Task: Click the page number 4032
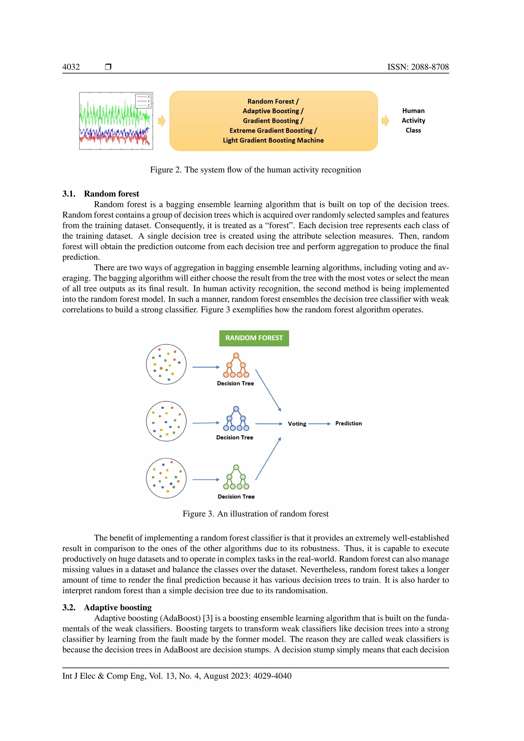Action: (71, 67)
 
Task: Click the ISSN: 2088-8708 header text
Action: (418, 67)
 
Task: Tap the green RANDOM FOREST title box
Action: (254, 338)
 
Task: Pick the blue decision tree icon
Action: (236, 419)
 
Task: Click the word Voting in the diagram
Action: (297, 424)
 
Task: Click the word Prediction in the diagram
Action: (348, 423)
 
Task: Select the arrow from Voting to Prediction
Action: (319, 424)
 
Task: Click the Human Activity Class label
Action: (413, 120)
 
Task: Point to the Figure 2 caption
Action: (256, 170)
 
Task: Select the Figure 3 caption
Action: (256, 514)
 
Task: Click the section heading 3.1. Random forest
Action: (101, 194)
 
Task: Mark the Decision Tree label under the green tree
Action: (236, 497)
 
